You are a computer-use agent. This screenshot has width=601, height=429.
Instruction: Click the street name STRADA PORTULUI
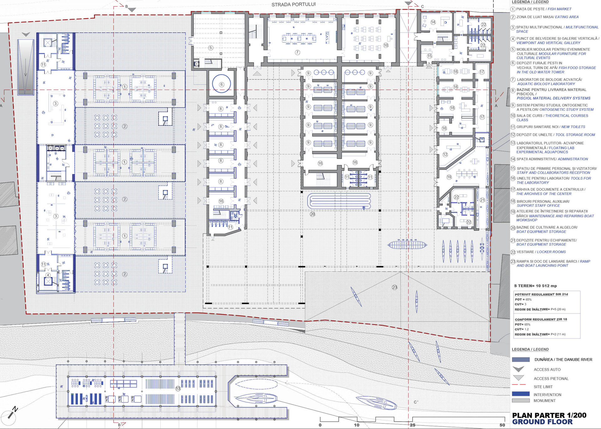click(293, 4)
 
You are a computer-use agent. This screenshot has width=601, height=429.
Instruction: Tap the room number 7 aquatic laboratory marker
click(297, 53)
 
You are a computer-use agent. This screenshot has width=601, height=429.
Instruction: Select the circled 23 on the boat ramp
click(394, 287)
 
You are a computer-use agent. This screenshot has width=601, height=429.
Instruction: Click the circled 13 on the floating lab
click(178, 389)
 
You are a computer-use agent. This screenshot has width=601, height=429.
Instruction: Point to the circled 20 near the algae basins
click(312, 214)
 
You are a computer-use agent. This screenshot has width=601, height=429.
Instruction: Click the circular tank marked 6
click(222, 84)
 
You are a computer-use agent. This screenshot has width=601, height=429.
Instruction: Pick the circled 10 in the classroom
click(386, 45)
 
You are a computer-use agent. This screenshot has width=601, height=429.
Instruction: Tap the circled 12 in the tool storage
click(445, 155)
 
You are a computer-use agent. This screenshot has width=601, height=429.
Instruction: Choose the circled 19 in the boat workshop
click(449, 177)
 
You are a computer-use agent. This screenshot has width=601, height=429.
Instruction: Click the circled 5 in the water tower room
click(211, 48)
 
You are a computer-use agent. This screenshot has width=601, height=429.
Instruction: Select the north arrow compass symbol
click(13, 412)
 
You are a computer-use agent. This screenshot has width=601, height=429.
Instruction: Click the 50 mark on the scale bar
click(502, 425)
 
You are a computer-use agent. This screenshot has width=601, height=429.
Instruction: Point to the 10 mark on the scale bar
click(357, 425)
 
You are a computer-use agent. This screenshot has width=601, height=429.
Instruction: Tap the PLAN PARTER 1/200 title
click(549, 415)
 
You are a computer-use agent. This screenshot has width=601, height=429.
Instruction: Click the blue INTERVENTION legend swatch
click(521, 394)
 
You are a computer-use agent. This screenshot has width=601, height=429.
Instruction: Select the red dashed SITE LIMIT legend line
click(519, 385)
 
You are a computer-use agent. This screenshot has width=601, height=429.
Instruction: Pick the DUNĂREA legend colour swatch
click(521, 360)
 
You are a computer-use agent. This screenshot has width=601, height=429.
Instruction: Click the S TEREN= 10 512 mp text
click(535, 286)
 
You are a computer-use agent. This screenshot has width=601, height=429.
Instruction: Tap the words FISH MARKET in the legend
click(559, 9)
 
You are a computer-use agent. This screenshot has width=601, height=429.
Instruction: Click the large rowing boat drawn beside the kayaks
click(407, 244)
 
